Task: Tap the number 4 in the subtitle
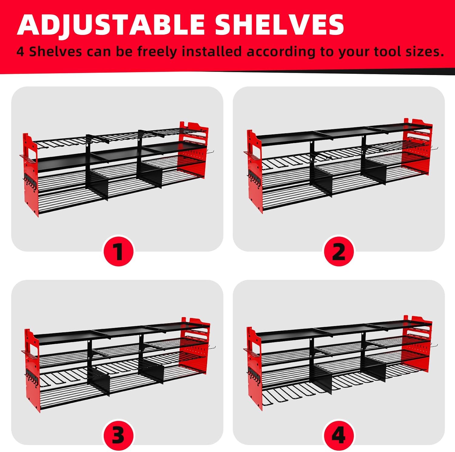pyautogui.click(x=20, y=52)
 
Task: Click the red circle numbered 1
pyautogui.click(x=119, y=251)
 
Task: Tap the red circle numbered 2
pyautogui.click(x=339, y=251)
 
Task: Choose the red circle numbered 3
pyautogui.click(x=119, y=435)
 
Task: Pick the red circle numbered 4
pyautogui.click(x=339, y=435)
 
